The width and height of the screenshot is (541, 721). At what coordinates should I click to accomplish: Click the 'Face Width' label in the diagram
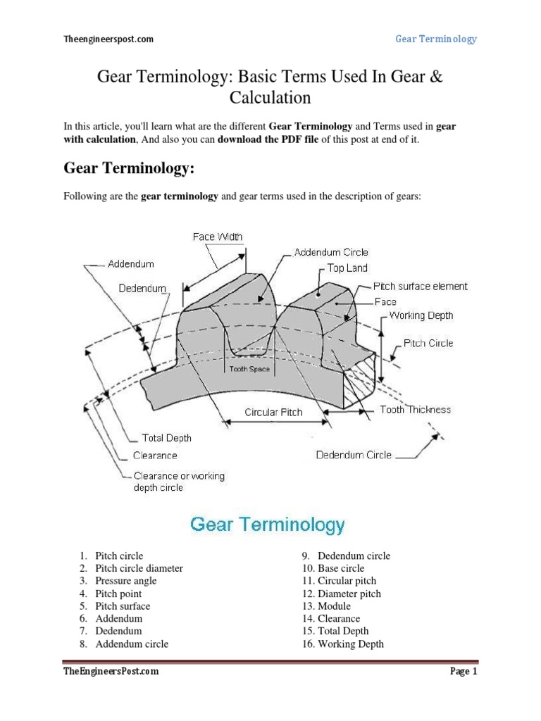click(x=218, y=237)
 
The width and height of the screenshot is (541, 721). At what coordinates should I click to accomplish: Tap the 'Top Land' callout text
click(x=347, y=268)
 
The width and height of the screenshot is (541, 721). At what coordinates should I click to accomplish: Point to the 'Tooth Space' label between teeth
click(x=249, y=368)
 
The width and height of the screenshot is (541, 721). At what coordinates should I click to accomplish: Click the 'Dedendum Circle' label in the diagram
click(x=354, y=455)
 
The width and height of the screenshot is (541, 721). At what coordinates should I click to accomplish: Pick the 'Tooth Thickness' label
click(x=415, y=409)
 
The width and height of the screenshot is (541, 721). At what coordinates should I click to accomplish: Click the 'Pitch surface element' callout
click(x=420, y=287)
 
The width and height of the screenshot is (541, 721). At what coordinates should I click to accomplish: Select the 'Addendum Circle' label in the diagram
click(x=331, y=252)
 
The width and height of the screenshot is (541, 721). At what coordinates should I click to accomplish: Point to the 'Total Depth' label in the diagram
click(x=167, y=438)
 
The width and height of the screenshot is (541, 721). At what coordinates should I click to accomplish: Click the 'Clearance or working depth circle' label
click(x=178, y=482)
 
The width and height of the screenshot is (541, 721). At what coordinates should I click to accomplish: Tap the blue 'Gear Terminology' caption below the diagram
click(x=268, y=525)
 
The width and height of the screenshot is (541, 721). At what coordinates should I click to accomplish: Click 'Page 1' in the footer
click(x=464, y=672)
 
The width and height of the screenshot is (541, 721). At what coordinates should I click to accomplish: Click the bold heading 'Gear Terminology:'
click(x=128, y=168)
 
